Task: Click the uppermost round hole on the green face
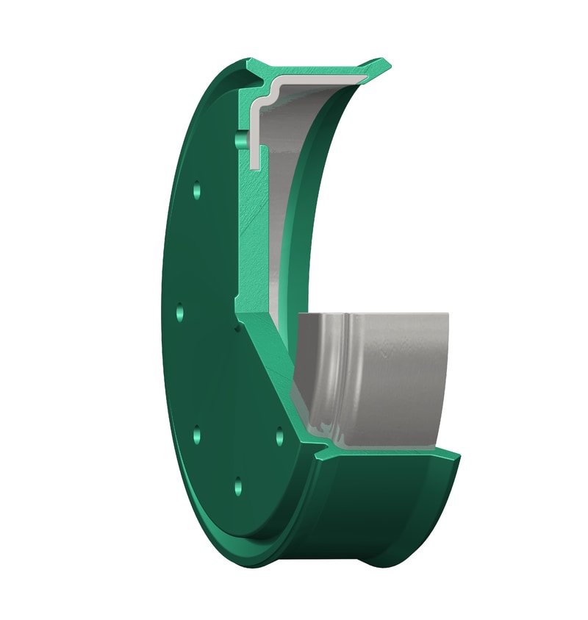pyautogui.click(x=196, y=190)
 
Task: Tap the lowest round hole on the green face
pyautogui.click(x=237, y=485)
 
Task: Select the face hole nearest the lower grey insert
pyautogui.click(x=279, y=437)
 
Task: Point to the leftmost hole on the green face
pyautogui.click(x=180, y=312)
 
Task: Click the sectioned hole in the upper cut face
pyautogui.click(x=239, y=139)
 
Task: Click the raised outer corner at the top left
pyautogui.click(x=251, y=63)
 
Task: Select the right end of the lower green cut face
pyautogui.click(x=456, y=455)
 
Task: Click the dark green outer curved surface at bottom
pyautogui.click(x=367, y=515)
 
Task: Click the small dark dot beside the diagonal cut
pyautogui.click(x=237, y=328)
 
